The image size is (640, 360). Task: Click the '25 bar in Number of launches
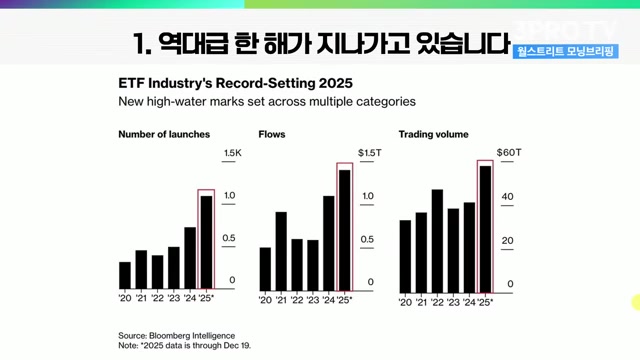click(206, 242)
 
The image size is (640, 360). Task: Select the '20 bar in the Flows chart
click(265, 269)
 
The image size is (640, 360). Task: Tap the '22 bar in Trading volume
click(437, 241)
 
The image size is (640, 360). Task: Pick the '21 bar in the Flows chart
click(281, 251)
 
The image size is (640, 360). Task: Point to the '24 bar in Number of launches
click(190, 258)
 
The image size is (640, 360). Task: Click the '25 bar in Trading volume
click(485, 229)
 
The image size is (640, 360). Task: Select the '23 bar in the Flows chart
click(313, 265)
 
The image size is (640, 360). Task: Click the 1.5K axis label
click(233, 153)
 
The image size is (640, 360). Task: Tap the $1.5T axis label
click(369, 153)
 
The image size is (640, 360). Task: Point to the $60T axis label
click(509, 153)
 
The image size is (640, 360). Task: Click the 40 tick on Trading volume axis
click(507, 197)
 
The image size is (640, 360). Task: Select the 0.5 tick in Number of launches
click(229, 238)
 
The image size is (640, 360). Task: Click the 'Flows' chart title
click(272, 134)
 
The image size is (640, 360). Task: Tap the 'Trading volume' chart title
click(433, 135)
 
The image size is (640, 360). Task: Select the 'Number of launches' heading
click(164, 134)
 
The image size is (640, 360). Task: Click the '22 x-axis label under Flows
click(297, 300)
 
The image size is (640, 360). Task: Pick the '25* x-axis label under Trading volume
click(485, 302)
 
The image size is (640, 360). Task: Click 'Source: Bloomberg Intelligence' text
click(177, 336)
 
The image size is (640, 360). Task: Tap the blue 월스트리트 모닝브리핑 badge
click(566, 51)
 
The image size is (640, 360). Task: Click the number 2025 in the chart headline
click(336, 83)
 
